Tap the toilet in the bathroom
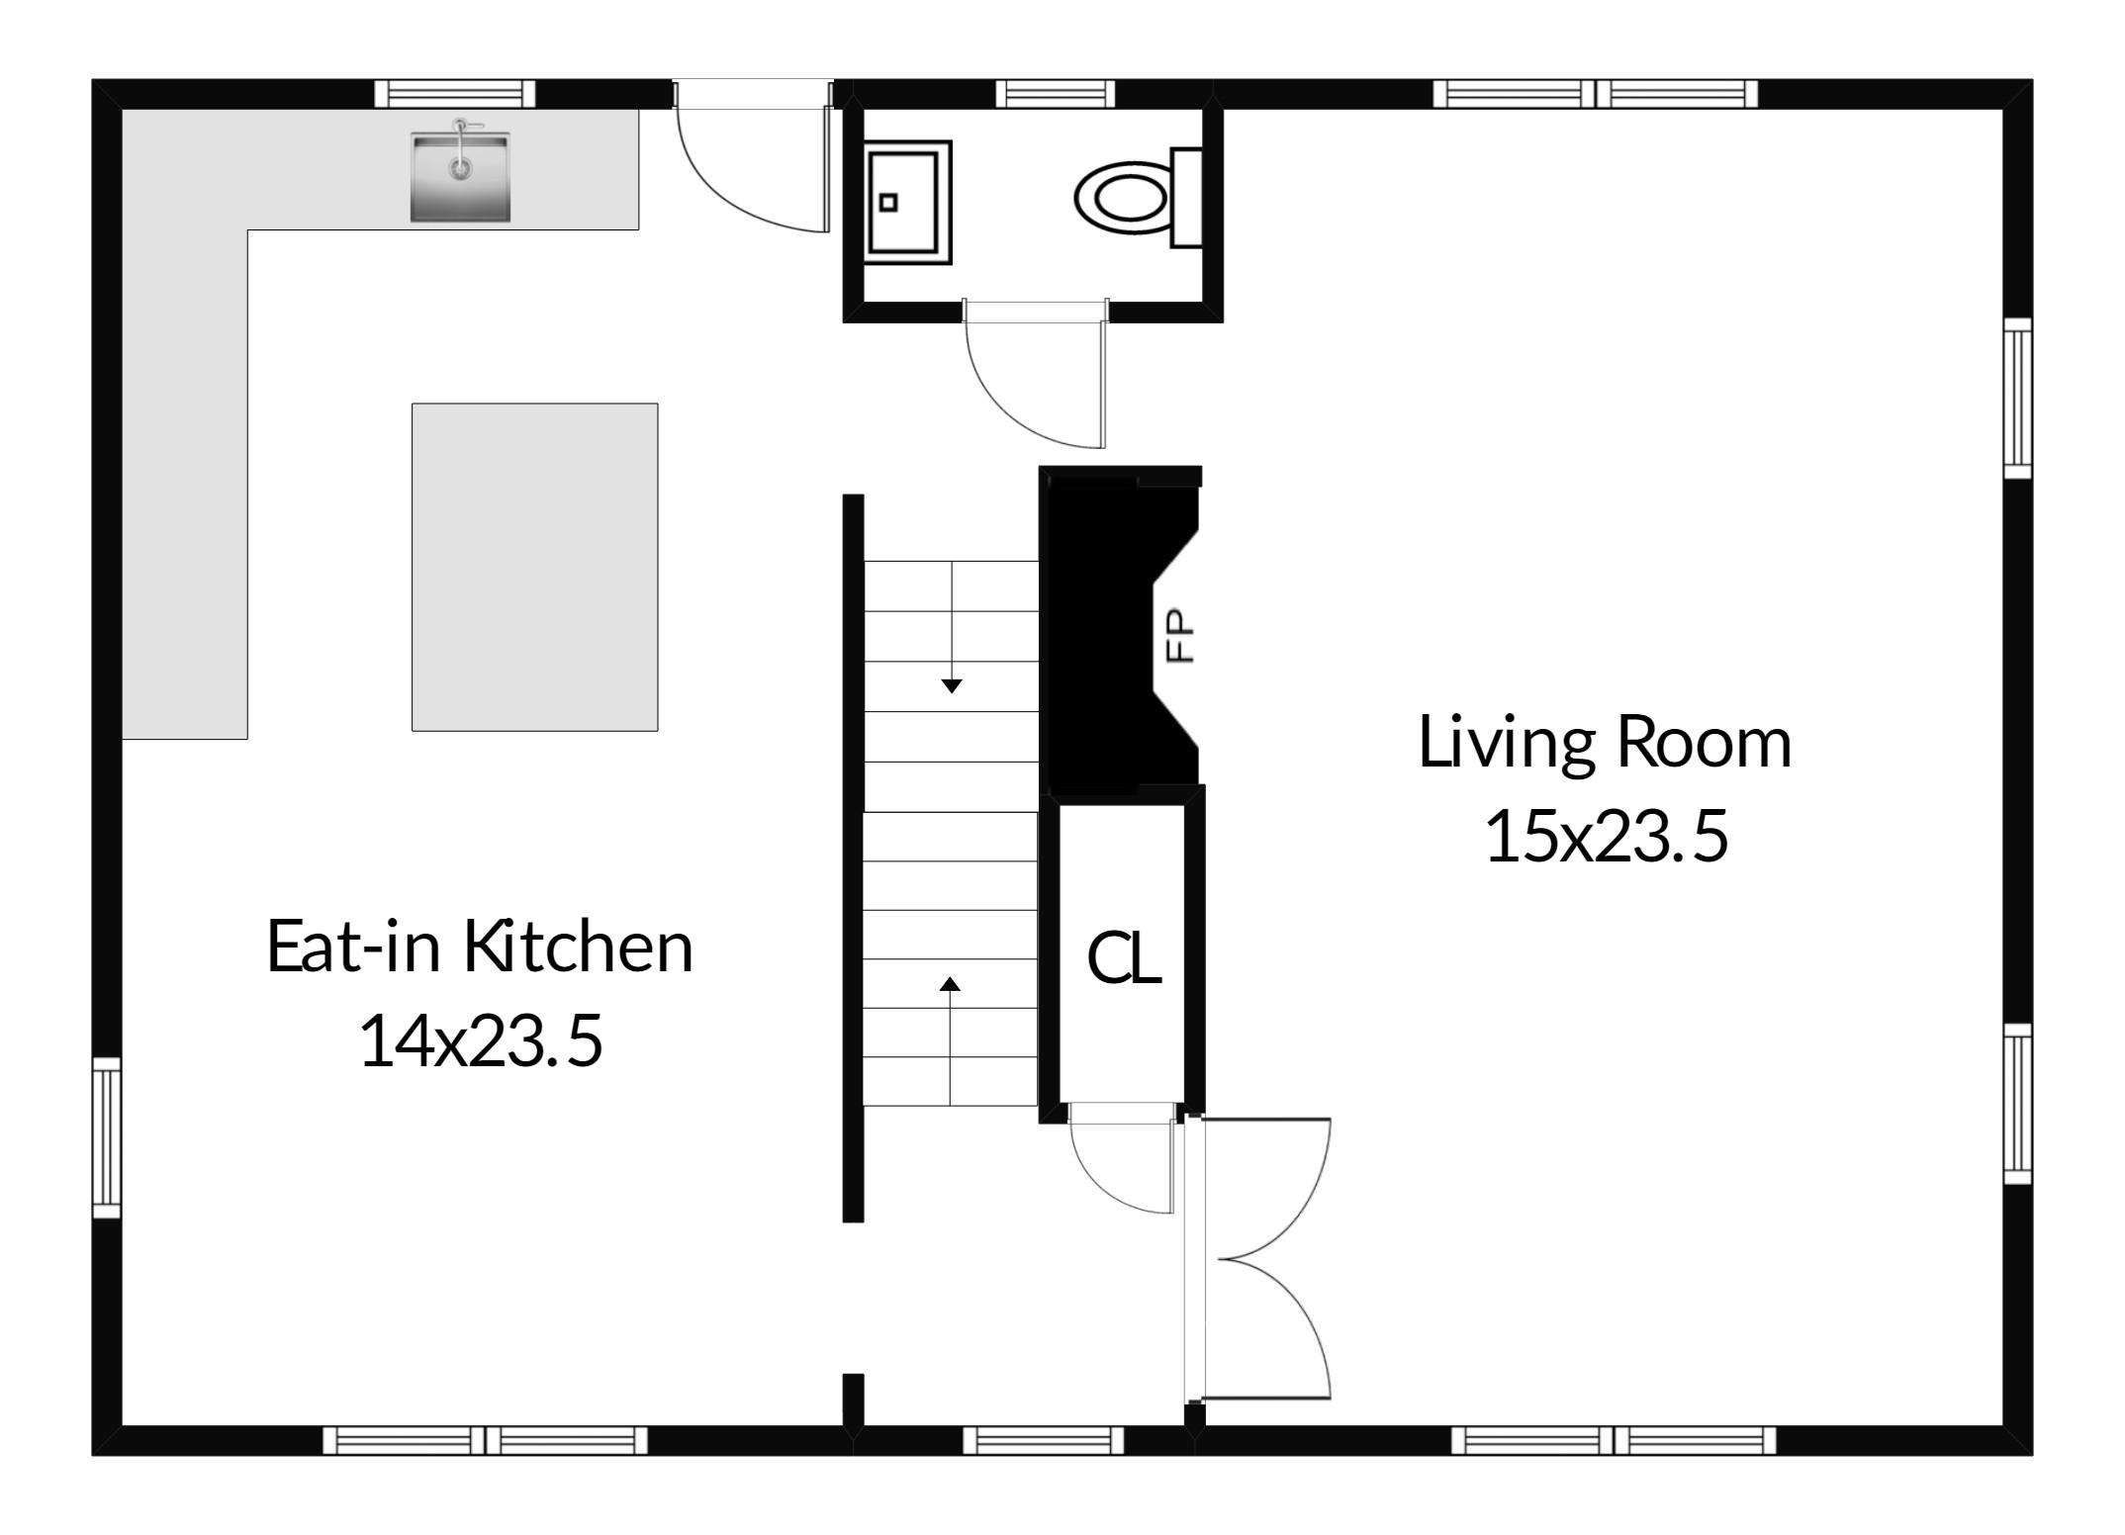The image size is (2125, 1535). [x=1139, y=197]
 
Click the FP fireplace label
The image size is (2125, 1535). [x=1180, y=634]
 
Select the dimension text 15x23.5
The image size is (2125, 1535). [x=1607, y=836]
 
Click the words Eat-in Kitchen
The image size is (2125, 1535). [x=480, y=947]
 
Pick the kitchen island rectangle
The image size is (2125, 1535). [x=535, y=567]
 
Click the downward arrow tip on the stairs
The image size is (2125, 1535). [x=952, y=691]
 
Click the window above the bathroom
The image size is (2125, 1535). [x=1055, y=94]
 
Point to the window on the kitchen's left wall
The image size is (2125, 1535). [x=107, y=1137]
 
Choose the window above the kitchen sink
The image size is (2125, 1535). [x=455, y=94]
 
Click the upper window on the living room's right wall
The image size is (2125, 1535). [x=2018, y=399]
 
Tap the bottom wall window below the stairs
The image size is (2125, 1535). [x=1044, y=1440]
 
